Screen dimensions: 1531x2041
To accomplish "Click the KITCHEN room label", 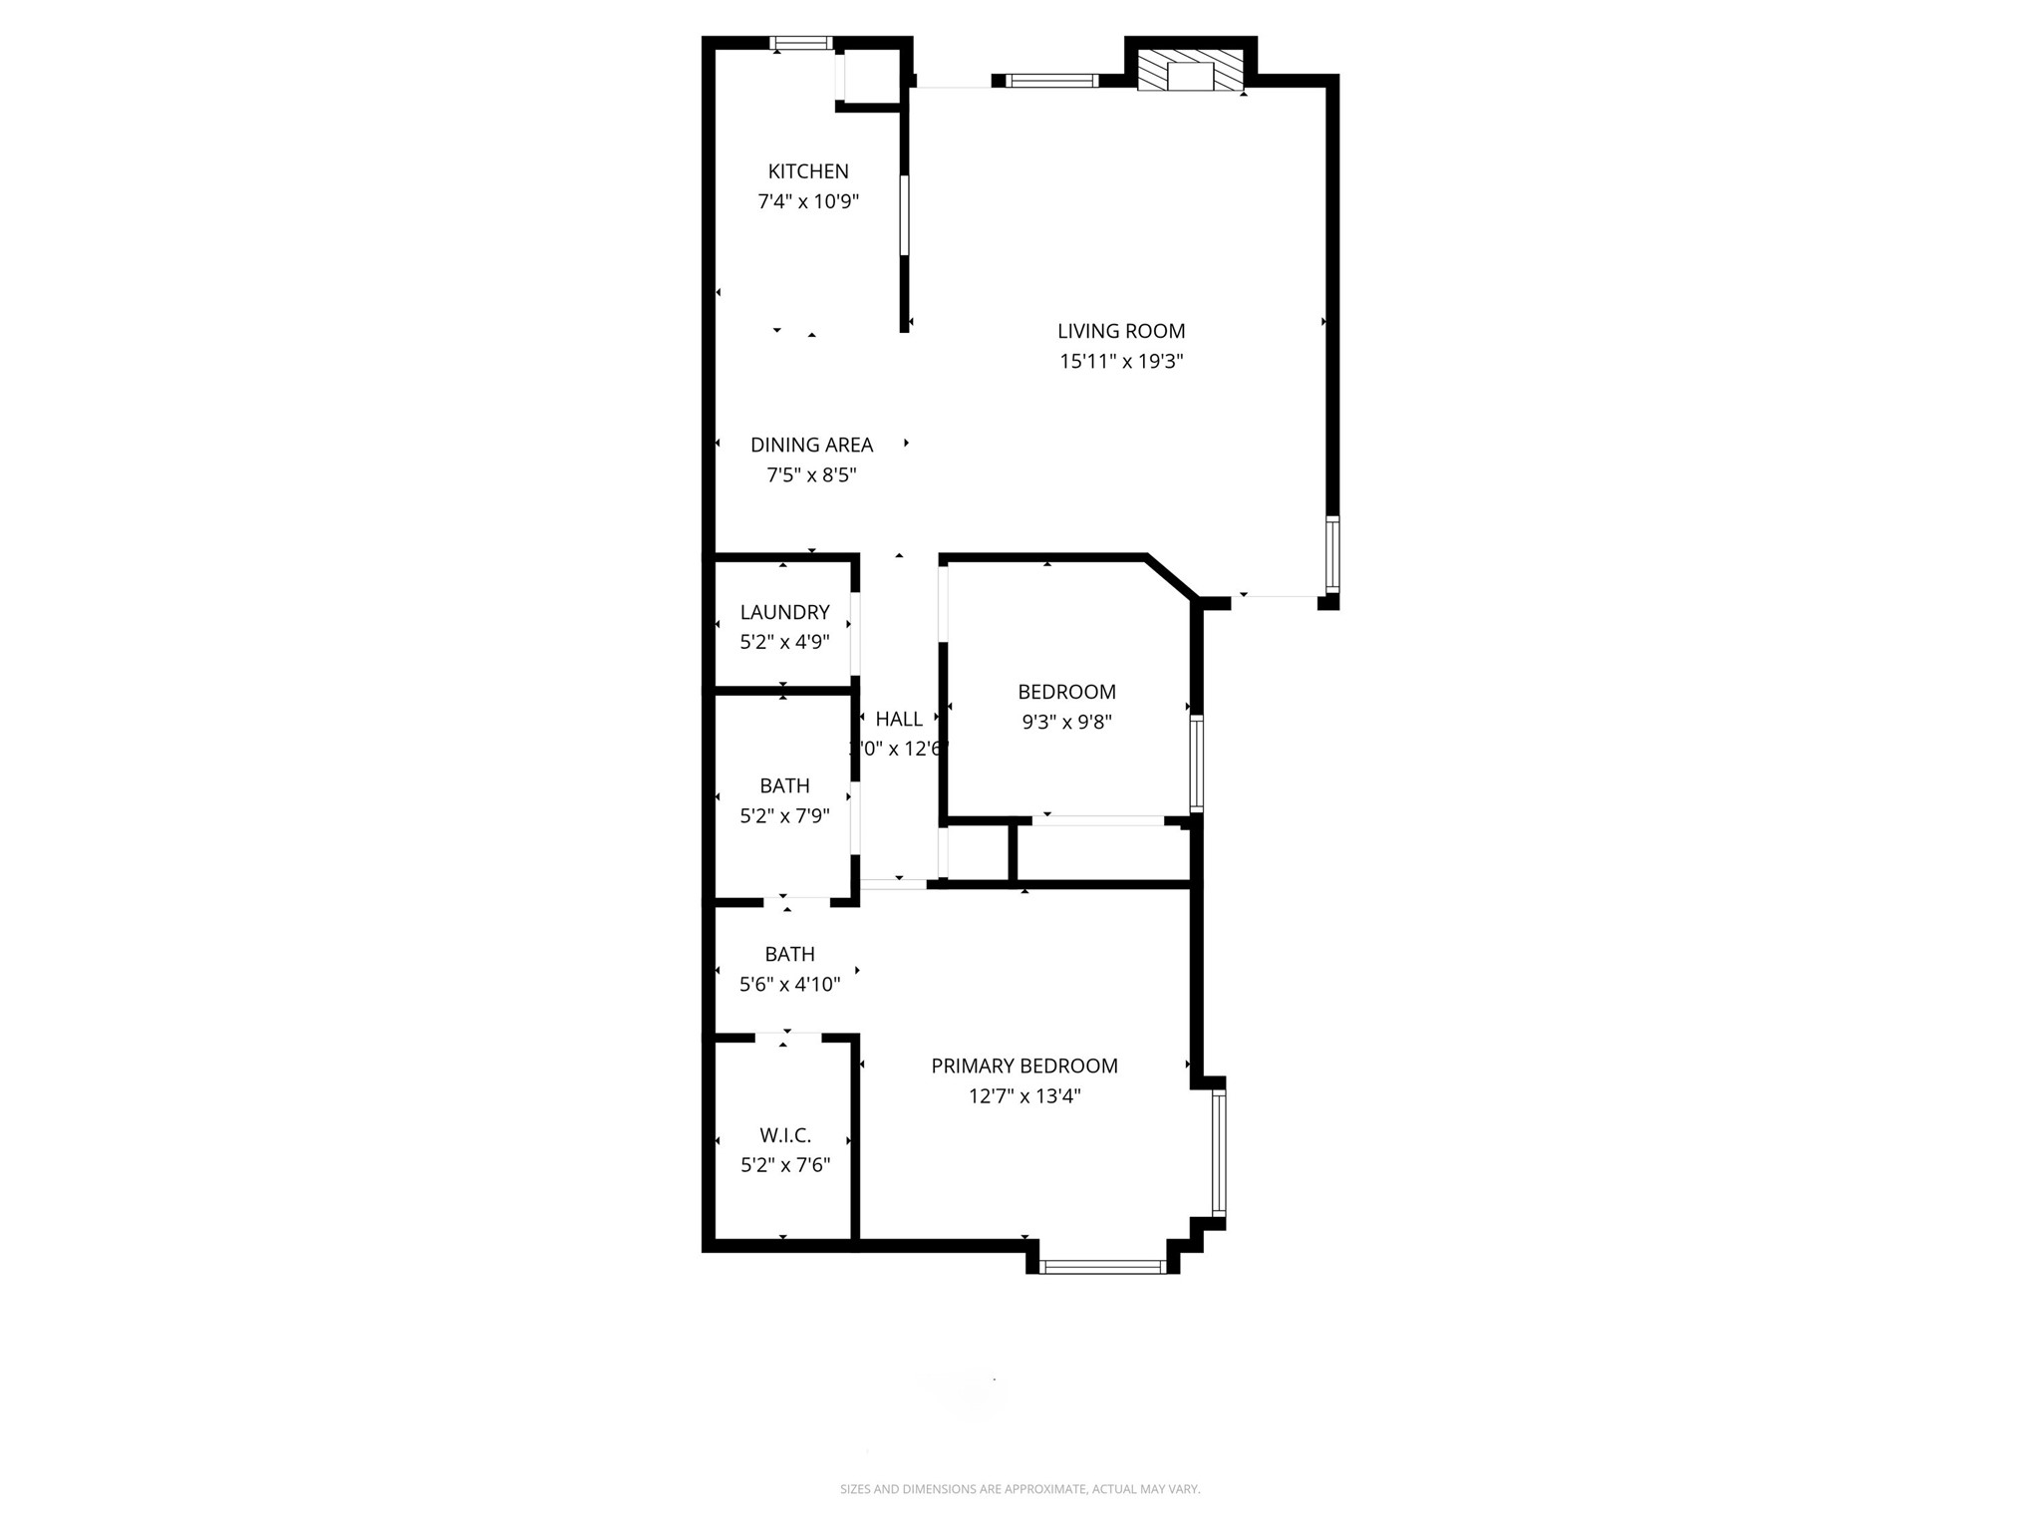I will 808,171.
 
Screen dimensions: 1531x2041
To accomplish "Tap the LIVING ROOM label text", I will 1121,331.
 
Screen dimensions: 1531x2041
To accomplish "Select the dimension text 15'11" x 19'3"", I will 1121,361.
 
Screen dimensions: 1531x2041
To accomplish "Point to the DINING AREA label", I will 811,445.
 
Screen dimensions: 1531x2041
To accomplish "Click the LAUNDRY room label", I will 784,612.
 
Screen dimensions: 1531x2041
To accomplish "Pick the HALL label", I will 899,719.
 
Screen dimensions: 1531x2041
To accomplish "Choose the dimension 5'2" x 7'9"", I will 784,816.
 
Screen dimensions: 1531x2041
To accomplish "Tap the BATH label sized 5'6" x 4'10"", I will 789,954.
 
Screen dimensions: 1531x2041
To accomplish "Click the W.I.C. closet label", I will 785,1135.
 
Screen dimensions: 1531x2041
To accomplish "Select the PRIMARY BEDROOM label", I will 1024,1066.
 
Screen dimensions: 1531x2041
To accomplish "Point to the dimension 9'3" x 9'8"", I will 1066,722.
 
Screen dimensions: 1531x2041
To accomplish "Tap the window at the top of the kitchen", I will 801,43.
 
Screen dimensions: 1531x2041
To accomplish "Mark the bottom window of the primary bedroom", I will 1102,1267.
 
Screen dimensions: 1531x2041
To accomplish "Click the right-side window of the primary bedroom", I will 1219,1152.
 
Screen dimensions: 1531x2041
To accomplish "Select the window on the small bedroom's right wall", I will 1197,764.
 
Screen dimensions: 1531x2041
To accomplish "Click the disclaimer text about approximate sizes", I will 1020,1489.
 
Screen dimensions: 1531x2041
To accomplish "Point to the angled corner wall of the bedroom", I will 1170,577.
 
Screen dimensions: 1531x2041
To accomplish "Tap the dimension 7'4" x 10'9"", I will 808,201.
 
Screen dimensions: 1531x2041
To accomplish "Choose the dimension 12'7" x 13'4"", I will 1024,1096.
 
